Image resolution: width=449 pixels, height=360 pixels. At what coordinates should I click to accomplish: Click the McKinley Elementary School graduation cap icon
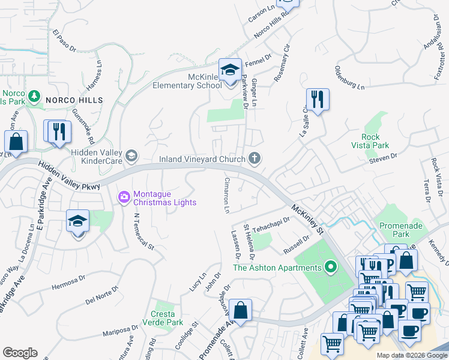point(229,70)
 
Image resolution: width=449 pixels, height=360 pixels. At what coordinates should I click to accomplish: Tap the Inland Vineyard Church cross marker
point(255,159)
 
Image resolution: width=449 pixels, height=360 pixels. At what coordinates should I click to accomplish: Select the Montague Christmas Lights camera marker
point(124,196)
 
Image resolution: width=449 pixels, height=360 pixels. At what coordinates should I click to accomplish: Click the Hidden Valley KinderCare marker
point(132,156)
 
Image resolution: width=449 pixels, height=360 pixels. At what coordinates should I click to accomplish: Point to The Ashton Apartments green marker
point(330,267)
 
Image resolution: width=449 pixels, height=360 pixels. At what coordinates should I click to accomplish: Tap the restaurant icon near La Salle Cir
point(317,100)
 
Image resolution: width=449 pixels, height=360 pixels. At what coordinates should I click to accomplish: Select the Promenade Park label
point(396,230)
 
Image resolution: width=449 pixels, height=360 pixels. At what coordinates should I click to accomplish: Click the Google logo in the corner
point(20,353)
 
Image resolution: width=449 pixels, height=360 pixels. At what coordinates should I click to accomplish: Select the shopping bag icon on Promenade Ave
point(240,311)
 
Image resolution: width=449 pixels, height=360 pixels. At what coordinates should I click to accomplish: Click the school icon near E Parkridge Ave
point(77,222)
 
